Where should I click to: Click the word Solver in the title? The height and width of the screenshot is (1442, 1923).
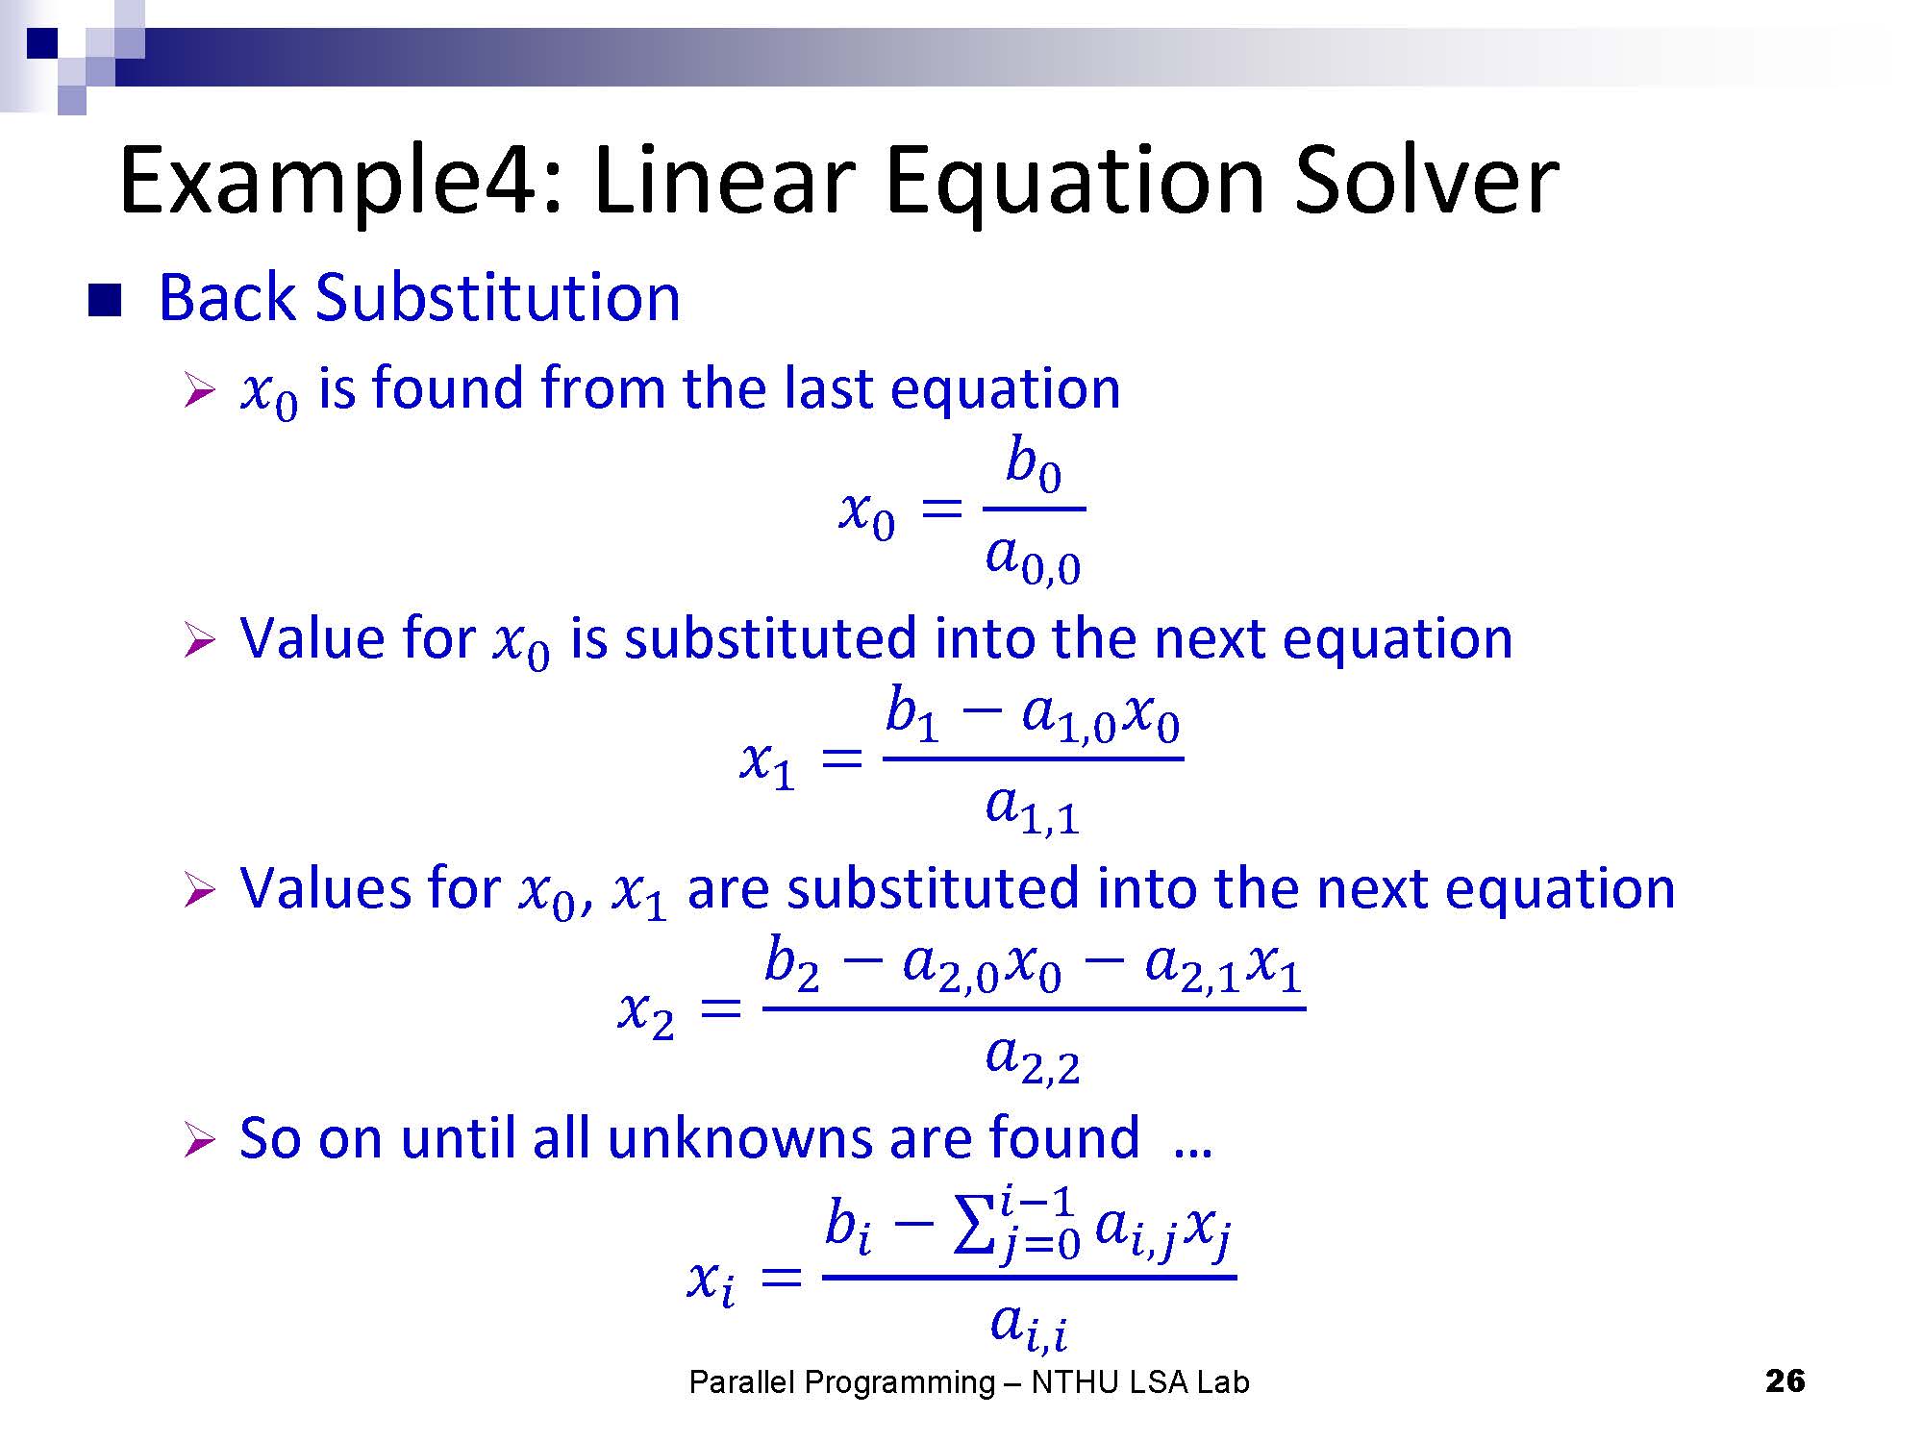coord(1426,180)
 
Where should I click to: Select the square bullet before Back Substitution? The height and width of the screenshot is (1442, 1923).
coord(105,300)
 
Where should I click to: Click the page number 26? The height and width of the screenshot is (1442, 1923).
coord(1785,1381)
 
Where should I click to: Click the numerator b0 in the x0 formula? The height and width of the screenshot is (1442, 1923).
coord(1034,463)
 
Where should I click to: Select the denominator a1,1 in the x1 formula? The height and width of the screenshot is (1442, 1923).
coord(1033,809)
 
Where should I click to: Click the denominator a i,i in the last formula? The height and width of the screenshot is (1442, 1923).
coord(1029,1324)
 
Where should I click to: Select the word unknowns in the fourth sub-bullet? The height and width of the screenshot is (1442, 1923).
coord(738,1138)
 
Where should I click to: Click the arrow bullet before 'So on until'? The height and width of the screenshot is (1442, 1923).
coord(199,1141)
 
